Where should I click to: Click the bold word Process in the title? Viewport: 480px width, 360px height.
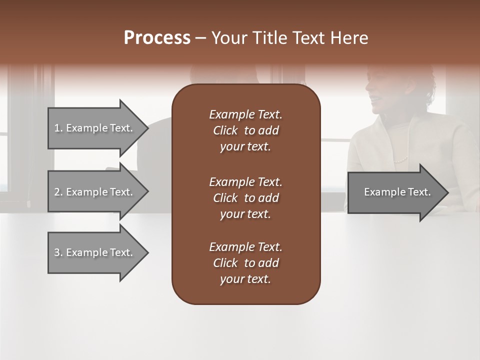pos(157,38)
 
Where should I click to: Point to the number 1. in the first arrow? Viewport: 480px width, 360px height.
pos(58,128)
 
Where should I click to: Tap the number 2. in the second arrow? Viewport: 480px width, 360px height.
pos(58,192)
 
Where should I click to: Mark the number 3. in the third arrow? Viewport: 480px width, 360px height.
pos(58,252)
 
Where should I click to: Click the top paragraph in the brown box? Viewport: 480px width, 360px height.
pos(245,130)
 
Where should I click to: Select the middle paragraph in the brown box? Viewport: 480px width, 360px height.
pos(245,198)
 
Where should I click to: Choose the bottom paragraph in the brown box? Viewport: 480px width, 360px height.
pos(245,263)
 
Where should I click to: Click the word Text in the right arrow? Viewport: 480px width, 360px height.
pos(419,192)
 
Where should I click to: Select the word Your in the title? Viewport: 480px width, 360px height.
pos(227,38)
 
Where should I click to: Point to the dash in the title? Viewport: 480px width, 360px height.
pos(200,38)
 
